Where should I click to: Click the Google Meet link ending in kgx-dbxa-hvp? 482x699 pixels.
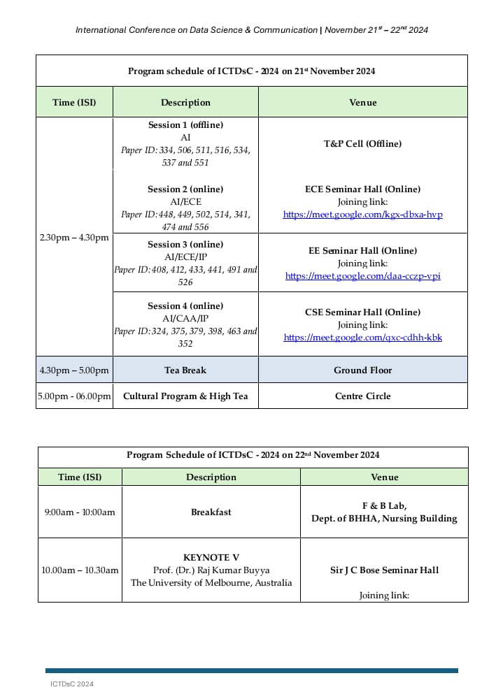[x=362, y=215]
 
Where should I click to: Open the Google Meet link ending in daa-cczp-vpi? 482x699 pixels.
[x=362, y=276]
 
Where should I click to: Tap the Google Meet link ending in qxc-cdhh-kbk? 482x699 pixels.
[x=362, y=338]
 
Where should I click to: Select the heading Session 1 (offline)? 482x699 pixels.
[x=185, y=125]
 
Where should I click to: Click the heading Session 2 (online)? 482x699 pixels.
[x=185, y=189]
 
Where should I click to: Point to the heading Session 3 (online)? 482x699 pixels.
[x=185, y=245]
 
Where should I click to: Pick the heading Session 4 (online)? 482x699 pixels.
[x=185, y=306]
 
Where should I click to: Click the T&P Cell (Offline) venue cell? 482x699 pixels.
[x=362, y=144]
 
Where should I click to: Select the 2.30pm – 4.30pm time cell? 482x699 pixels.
[x=74, y=238]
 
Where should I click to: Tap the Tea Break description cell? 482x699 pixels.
[x=185, y=370]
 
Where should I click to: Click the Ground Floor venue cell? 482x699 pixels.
[x=362, y=370]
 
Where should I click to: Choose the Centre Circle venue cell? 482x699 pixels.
[x=362, y=396]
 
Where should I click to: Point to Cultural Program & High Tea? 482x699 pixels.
[x=185, y=396]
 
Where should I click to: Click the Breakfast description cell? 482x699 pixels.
[x=211, y=512]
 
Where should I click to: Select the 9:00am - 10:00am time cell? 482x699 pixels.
[x=80, y=512]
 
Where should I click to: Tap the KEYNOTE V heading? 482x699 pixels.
[x=211, y=558]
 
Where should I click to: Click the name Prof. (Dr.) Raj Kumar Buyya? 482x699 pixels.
[x=211, y=570]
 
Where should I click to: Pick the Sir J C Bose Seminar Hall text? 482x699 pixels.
[x=384, y=570]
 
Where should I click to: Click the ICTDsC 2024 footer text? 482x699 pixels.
[x=72, y=684]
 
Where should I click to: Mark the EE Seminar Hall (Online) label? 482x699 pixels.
[x=362, y=251]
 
